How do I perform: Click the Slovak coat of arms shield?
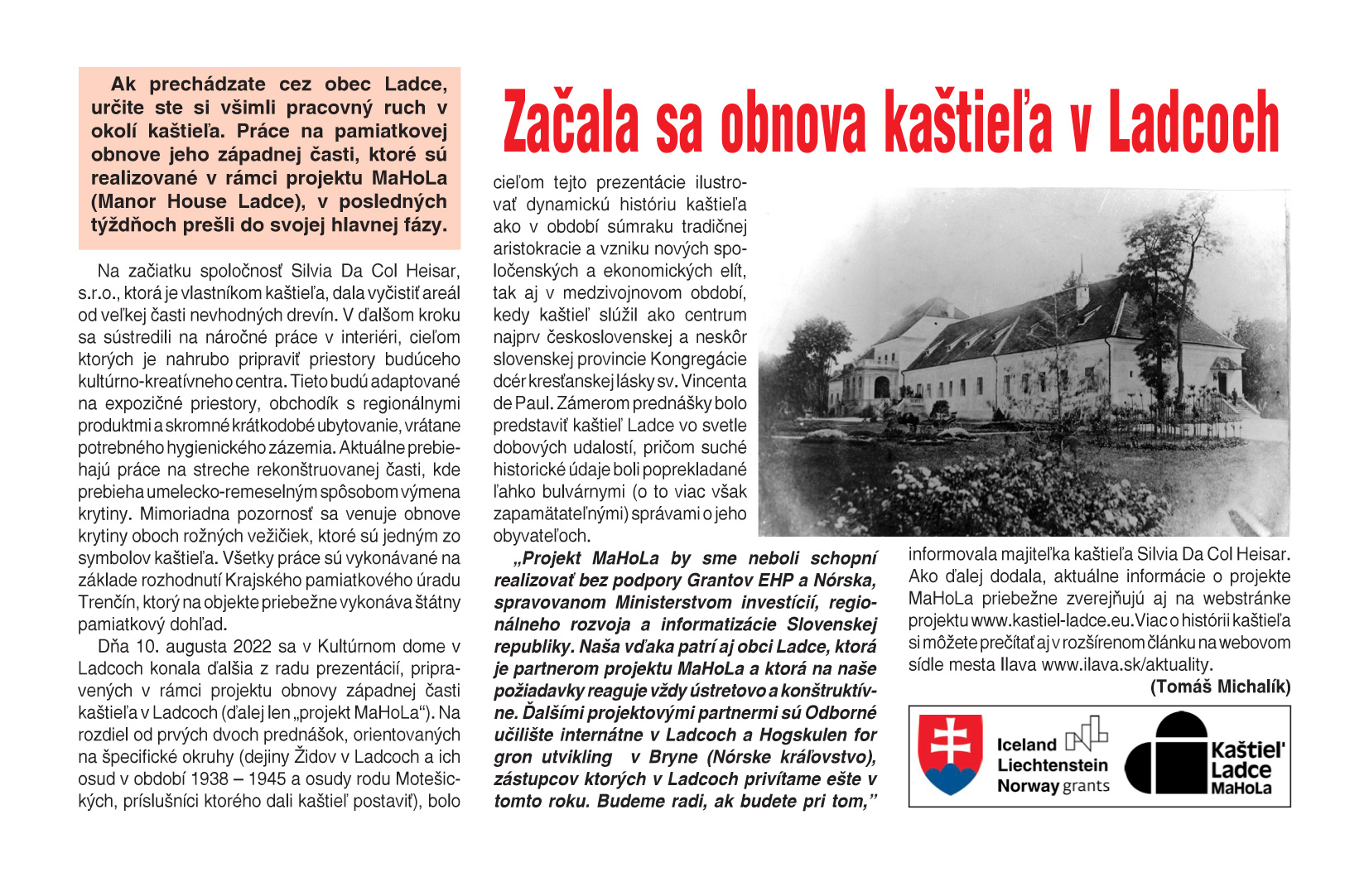point(950,754)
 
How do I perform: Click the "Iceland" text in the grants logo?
point(1026,745)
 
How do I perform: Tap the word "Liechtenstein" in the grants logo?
point(1052,765)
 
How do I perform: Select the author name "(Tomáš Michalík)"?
point(1220,687)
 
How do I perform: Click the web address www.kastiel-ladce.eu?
point(1048,620)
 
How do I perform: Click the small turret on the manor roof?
point(1081,289)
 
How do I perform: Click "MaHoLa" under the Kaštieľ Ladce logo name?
point(1241,788)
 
